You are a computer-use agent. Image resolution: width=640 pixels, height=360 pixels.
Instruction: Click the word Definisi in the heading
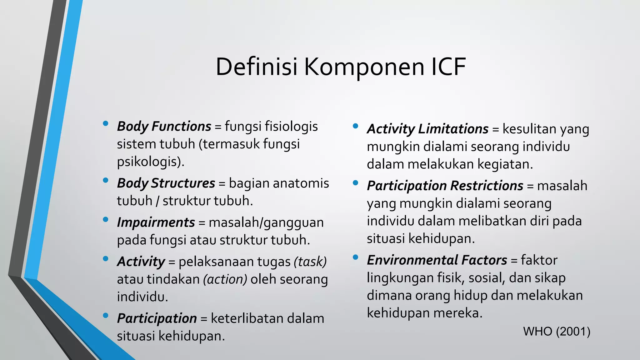256,67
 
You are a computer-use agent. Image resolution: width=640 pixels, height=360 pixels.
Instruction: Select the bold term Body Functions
164,127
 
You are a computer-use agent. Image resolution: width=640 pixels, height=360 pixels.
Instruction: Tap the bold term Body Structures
166,183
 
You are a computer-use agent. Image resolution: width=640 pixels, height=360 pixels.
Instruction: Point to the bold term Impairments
156,222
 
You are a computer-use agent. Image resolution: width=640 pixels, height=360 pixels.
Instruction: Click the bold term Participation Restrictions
445,186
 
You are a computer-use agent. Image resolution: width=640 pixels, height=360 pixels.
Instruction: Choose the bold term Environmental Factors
437,260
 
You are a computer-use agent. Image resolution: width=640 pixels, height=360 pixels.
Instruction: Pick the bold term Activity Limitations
427,129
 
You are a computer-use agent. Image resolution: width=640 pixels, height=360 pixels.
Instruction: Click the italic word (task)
310,262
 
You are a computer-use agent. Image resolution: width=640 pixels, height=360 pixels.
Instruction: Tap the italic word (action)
225,279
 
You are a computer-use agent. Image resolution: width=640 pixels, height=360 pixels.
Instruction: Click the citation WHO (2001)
557,332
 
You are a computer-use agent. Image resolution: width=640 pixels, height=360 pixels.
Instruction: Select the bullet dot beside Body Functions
105,124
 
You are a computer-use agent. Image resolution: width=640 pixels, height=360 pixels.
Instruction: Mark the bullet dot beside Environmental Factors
355,257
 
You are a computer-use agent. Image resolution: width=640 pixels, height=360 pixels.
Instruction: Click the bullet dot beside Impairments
105,220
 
